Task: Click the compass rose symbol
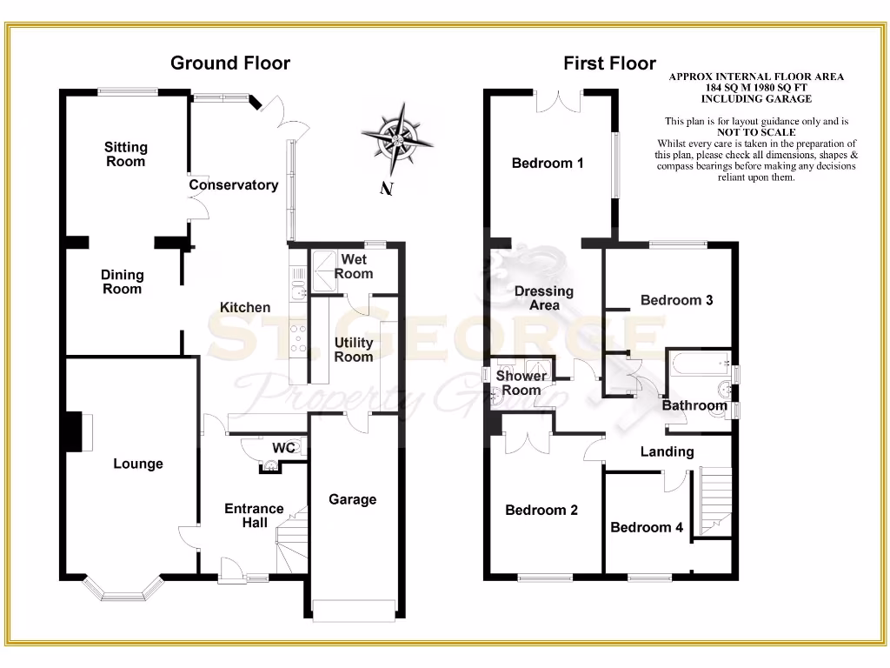[x=398, y=137]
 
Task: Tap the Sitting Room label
[x=126, y=154]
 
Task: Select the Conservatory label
[x=234, y=184]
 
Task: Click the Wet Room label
[x=355, y=266]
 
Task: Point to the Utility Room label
[x=354, y=350]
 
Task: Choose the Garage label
[x=352, y=499]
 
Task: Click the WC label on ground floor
[x=284, y=447]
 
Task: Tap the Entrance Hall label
[x=254, y=515]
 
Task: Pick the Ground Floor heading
[x=230, y=63]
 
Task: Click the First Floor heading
[x=609, y=63]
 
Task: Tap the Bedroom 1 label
[x=548, y=163]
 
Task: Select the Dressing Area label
[x=544, y=298]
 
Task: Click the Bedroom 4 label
[x=641, y=527]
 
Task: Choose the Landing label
[x=667, y=451]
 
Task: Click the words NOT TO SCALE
[x=756, y=132]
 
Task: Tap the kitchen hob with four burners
[x=299, y=337]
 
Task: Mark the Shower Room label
[x=521, y=383]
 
